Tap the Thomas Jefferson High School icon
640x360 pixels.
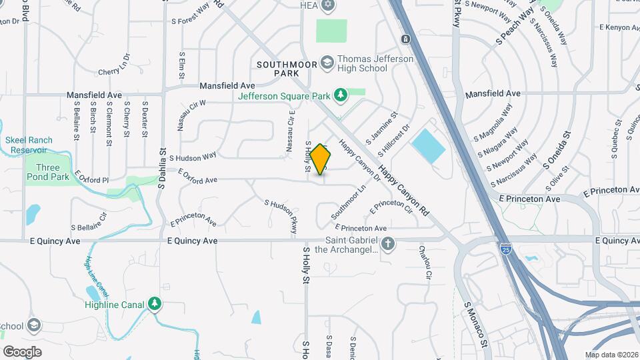[x=327, y=63]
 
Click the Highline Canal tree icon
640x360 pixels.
[x=155, y=305]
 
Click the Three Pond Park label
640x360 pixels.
[x=48, y=173]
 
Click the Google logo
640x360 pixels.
[x=22, y=351]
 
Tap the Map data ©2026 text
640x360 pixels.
[x=611, y=355]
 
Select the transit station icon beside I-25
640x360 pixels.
[x=405, y=38]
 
